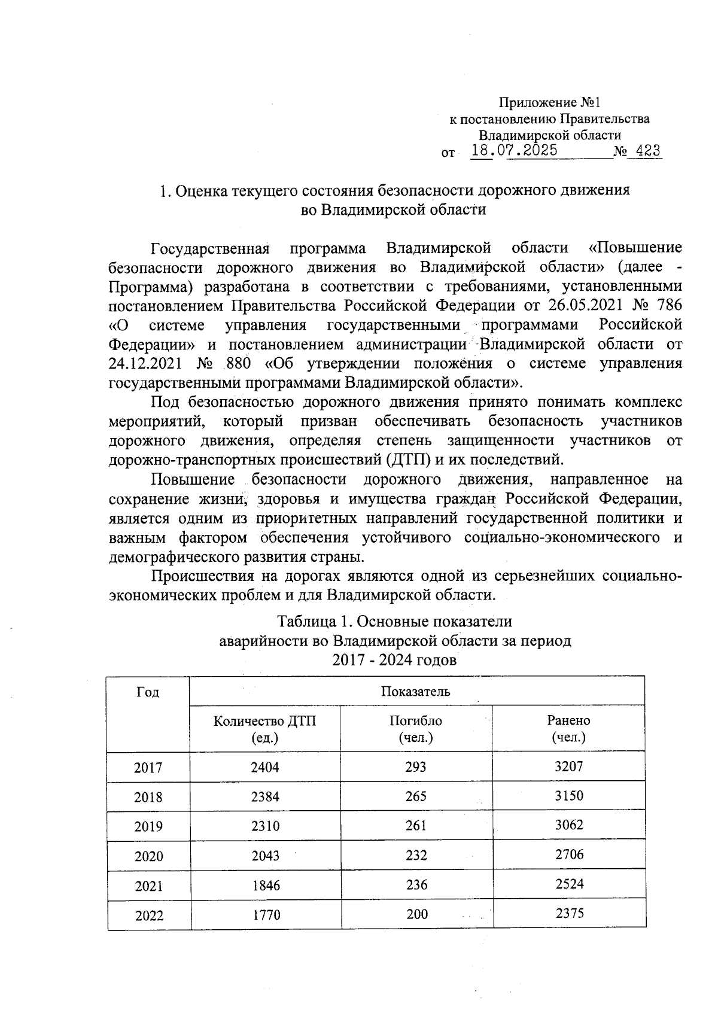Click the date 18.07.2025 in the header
click(514, 150)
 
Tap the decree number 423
click(647, 151)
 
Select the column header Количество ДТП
click(265, 721)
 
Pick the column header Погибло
click(416, 721)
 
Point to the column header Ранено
click(568, 720)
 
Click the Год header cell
click(148, 692)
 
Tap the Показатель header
click(416, 692)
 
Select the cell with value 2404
click(265, 767)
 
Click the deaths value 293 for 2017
click(416, 767)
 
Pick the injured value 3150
click(568, 796)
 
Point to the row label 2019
click(148, 827)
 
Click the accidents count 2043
click(265, 856)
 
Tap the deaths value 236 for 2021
click(416, 885)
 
